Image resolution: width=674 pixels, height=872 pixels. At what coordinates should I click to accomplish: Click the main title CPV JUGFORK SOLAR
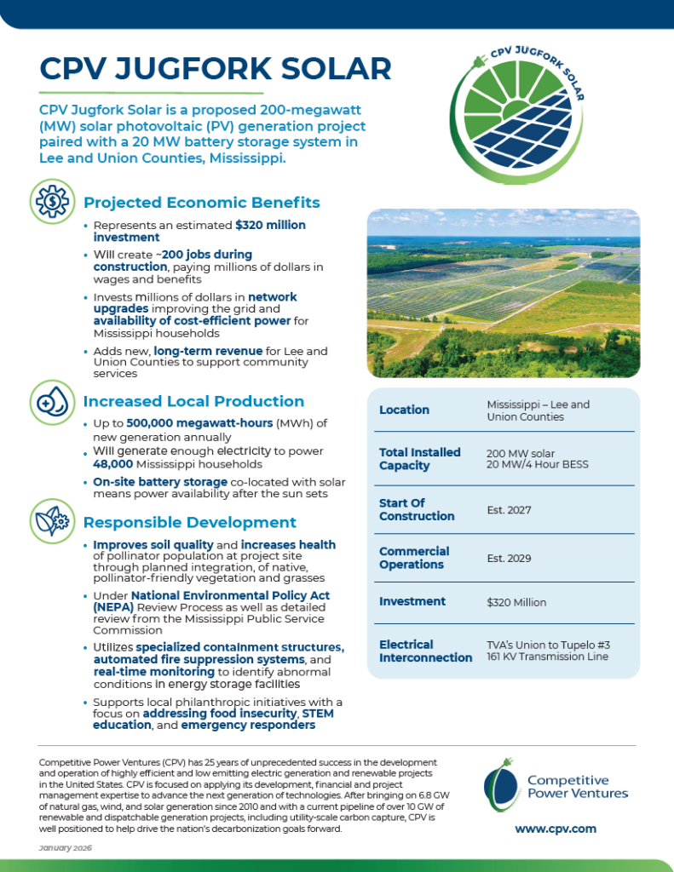pyautogui.click(x=216, y=69)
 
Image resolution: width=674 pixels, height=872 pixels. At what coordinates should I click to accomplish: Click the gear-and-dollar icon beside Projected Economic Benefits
pyautogui.click(x=50, y=201)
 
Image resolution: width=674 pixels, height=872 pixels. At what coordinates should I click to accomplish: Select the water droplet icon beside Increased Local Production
pyautogui.click(x=50, y=400)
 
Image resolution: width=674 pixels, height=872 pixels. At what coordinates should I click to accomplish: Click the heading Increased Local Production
pyautogui.click(x=193, y=401)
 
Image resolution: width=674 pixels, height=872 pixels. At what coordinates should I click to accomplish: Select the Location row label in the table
pyautogui.click(x=404, y=410)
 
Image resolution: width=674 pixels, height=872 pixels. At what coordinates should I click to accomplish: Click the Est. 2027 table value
pyautogui.click(x=509, y=510)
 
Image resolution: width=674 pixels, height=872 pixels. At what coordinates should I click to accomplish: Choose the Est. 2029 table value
pyautogui.click(x=509, y=559)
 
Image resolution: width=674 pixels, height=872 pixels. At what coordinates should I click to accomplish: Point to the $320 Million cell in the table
pyautogui.click(x=516, y=602)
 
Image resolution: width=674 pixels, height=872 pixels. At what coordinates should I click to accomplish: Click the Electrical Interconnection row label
pyautogui.click(x=425, y=651)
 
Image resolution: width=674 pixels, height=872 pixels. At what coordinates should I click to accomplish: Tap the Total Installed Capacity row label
pyautogui.click(x=419, y=459)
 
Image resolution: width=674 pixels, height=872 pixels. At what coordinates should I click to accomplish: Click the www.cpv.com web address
pyautogui.click(x=555, y=829)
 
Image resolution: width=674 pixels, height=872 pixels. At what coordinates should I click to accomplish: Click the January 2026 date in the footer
pyautogui.click(x=66, y=848)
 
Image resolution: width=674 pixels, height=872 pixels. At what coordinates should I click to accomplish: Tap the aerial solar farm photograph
pyautogui.click(x=503, y=293)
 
